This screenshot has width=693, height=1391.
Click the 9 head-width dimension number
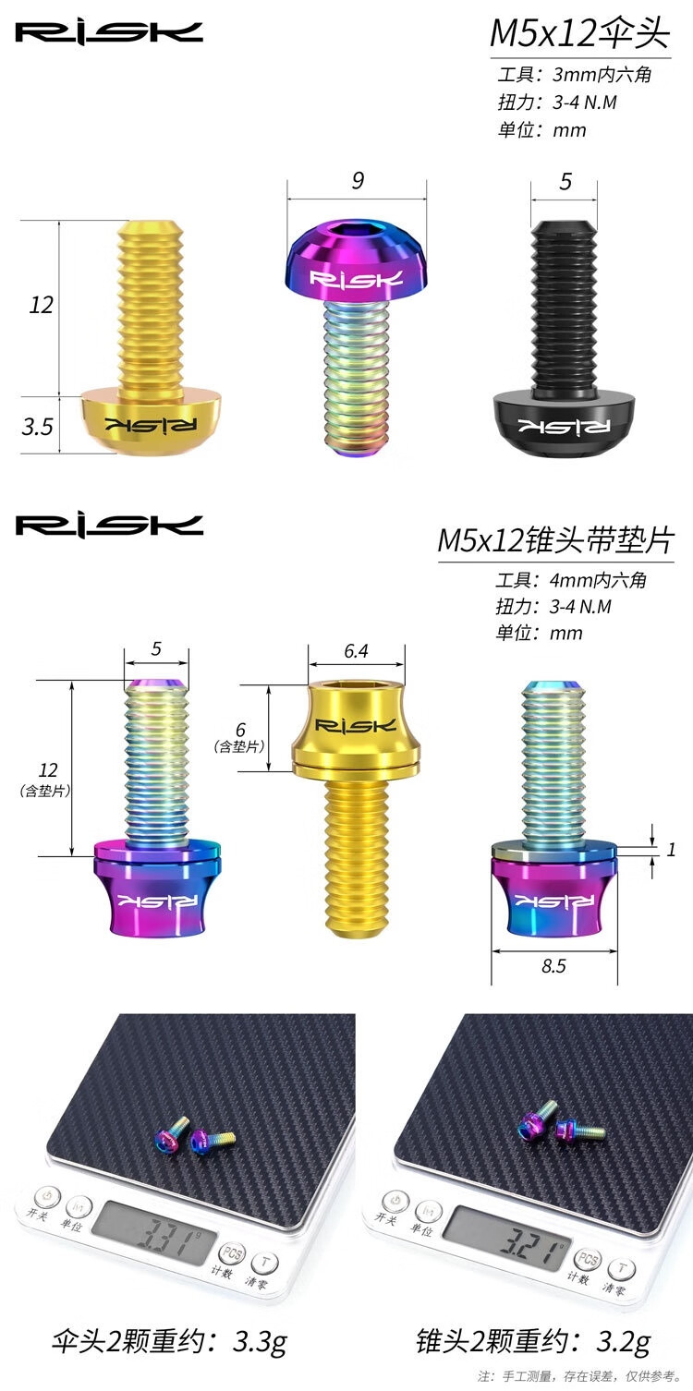(358, 181)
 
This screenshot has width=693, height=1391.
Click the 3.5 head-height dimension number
(37, 427)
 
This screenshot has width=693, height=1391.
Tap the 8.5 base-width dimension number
(553, 965)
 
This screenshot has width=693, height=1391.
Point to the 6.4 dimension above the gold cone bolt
(357, 651)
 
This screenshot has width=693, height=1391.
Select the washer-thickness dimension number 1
(671, 850)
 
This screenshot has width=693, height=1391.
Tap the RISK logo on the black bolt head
(565, 426)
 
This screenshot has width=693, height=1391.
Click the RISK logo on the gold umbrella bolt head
(151, 425)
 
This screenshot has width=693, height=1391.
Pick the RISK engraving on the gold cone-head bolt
(356, 725)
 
